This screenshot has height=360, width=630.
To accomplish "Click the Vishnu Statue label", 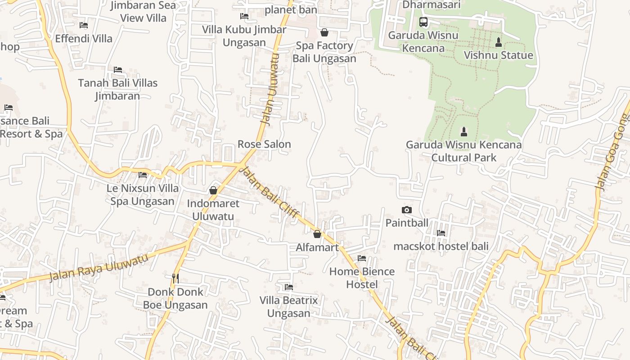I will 498,55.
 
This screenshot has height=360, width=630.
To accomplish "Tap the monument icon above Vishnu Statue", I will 498,42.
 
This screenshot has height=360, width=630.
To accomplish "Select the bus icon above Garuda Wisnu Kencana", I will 423,22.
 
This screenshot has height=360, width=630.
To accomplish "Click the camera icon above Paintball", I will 406,210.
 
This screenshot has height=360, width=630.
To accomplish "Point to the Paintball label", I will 407,223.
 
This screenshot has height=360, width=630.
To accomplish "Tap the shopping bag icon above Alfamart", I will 317,234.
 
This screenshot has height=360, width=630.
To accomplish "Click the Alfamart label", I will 317,247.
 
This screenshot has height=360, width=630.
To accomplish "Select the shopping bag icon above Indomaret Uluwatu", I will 213,190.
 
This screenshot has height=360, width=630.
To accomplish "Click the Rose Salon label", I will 264,144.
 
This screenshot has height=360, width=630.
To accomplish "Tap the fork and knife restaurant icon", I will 175,279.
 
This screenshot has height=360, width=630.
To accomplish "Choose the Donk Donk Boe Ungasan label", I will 175,298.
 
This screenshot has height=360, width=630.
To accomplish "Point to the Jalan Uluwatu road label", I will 270,90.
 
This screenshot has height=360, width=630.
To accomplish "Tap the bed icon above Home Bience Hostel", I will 362,258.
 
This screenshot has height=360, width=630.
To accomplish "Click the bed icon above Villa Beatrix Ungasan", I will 289,287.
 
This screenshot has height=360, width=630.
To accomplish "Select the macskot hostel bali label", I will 441,246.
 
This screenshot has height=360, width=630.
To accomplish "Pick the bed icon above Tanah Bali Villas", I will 118,70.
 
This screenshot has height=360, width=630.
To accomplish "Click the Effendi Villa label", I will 84,39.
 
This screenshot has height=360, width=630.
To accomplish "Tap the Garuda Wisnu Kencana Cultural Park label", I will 463,151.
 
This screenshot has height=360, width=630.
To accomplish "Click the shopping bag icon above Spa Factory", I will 324,32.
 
